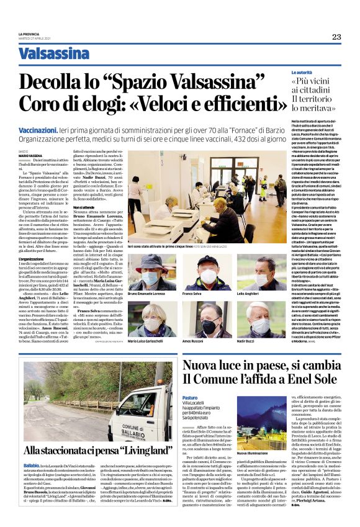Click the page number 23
336,37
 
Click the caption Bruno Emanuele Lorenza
146,292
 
